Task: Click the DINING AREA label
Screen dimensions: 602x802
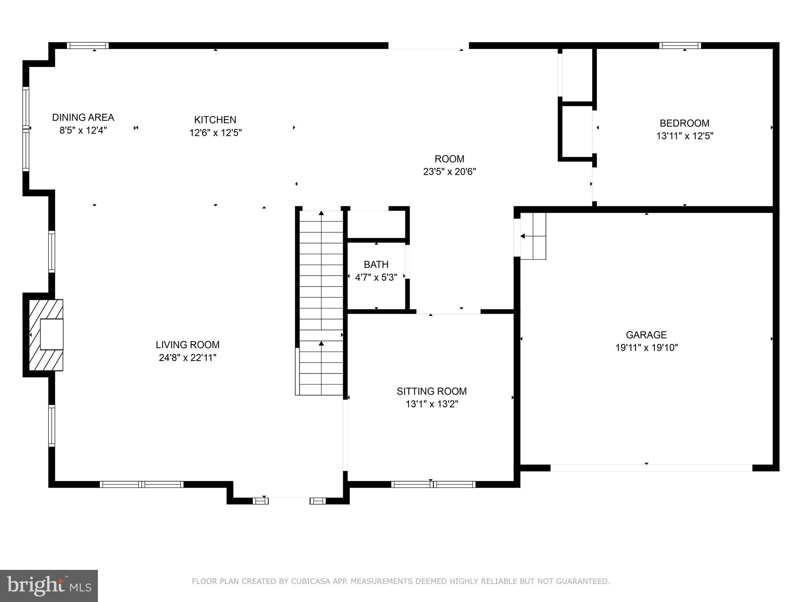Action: [x=83, y=117]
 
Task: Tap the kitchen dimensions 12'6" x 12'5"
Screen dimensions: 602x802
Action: [x=215, y=132]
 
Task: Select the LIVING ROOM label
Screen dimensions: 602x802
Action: [x=188, y=345]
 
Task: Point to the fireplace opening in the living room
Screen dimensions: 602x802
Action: [x=51, y=334]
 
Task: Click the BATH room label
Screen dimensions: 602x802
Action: [x=376, y=264]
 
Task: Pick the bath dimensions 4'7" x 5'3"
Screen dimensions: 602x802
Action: [x=376, y=277]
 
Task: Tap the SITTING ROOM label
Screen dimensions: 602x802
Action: [x=432, y=391]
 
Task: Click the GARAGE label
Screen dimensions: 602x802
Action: [x=646, y=335]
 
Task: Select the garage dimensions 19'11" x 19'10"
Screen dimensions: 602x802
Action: [x=646, y=348]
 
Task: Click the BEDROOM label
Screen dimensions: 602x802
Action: [x=684, y=123]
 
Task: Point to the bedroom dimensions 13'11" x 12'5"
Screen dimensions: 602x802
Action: [x=685, y=136]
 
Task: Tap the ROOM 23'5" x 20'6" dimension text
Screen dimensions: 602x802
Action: [x=449, y=172]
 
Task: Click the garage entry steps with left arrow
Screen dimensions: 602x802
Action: [x=533, y=236]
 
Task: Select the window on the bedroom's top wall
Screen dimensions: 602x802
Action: [x=680, y=45]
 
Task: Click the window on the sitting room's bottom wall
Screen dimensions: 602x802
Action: [x=433, y=484]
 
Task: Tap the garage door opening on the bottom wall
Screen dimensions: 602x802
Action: [x=651, y=468]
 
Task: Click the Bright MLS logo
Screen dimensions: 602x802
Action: [x=49, y=586]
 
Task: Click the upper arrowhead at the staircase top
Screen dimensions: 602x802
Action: [x=321, y=213]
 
